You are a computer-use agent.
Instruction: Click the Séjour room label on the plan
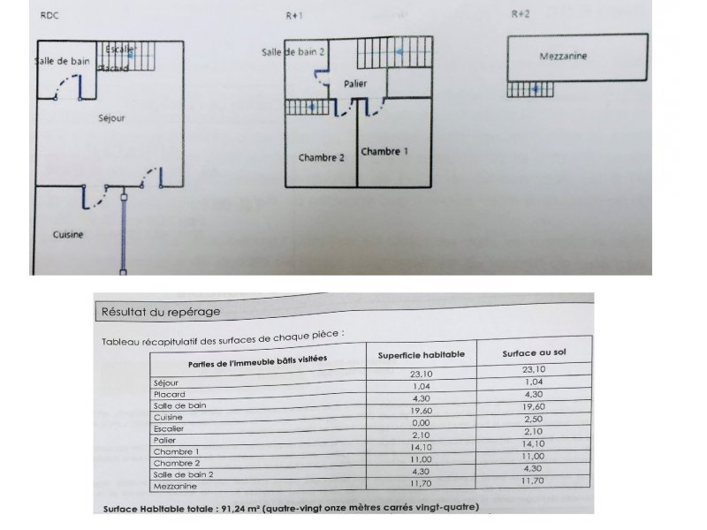111,118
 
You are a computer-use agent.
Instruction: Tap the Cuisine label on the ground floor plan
68,234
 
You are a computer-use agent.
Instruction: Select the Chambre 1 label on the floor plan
384,151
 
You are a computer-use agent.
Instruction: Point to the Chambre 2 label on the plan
322,158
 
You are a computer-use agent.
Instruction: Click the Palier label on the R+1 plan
355,83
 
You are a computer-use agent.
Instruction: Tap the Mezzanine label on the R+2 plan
563,57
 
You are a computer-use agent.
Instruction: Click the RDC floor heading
49,15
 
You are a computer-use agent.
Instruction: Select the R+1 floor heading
294,16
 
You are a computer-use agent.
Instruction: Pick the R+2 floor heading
521,14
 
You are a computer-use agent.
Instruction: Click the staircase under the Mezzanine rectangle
530,89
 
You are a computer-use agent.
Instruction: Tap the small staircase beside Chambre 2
308,107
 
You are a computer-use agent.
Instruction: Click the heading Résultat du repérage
161,312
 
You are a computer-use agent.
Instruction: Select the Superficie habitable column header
422,355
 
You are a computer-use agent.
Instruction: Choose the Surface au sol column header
534,352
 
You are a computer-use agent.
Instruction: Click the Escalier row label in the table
169,428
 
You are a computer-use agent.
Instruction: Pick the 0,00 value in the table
421,423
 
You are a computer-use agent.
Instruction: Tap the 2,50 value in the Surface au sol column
534,419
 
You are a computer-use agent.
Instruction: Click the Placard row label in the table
170,394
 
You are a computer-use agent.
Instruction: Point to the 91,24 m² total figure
240,509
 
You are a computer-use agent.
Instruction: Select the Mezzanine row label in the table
175,487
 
